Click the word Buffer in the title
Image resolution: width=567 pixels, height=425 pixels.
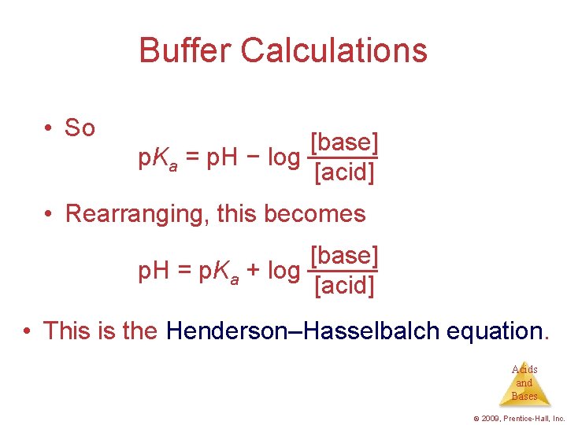(x=184, y=50)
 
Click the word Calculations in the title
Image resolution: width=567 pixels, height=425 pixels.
(x=334, y=50)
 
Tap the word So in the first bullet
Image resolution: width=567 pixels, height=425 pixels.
(x=80, y=128)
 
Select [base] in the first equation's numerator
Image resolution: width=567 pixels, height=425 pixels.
(x=344, y=142)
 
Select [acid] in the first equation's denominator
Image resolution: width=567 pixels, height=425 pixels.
(x=343, y=172)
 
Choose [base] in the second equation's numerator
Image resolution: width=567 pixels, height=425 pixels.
(x=344, y=256)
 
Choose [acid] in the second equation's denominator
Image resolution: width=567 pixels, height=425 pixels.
(x=343, y=285)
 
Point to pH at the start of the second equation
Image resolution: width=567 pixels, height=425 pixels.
(x=152, y=271)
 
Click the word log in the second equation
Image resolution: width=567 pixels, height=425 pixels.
(x=283, y=271)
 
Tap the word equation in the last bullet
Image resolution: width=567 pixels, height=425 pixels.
(x=494, y=331)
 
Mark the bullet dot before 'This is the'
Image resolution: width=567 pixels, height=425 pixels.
(x=28, y=331)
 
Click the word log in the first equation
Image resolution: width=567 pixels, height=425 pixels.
(x=283, y=158)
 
